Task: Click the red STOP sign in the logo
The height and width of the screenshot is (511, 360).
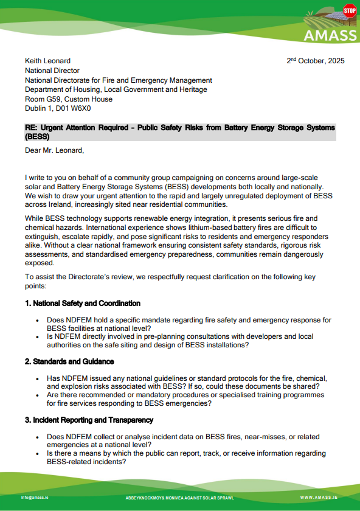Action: (x=349, y=10)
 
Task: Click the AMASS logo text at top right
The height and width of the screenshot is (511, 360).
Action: (x=331, y=35)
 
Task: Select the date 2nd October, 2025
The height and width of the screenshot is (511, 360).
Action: (x=315, y=61)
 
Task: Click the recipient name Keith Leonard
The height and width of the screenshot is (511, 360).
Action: (x=47, y=61)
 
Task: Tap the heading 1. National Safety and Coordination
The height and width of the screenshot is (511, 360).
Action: (x=83, y=303)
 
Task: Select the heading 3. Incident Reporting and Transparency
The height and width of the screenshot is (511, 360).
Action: (x=89, y=420)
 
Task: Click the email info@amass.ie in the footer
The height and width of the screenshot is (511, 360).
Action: (x=35, y=497)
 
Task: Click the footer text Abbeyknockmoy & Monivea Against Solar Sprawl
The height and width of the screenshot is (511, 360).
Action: (x=179, y=497)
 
